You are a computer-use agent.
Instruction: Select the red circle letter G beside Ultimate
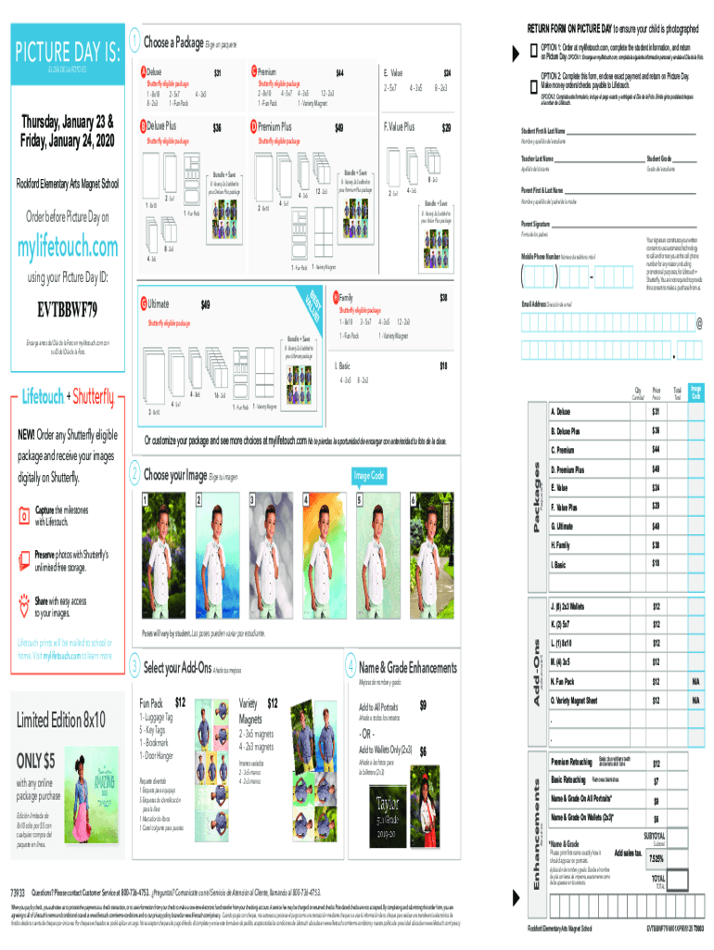143,304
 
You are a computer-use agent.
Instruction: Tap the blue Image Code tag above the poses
369,476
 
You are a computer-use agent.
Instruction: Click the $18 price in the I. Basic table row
655,563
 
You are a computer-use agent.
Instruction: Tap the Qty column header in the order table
636,392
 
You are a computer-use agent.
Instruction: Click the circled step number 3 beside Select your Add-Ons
135,667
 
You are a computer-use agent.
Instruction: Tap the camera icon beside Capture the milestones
25,513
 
